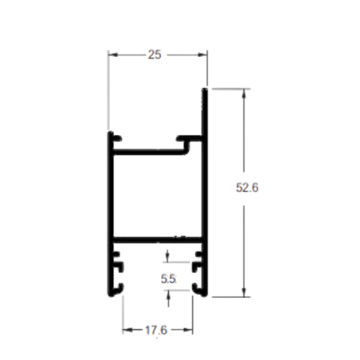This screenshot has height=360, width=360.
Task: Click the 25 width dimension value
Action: point(155,54)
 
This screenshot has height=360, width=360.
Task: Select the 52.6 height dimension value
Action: point(247,188)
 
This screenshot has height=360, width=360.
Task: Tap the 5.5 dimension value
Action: point(168,279)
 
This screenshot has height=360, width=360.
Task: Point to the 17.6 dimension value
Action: point(156,330)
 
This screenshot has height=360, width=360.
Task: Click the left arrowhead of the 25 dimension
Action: point(113,54)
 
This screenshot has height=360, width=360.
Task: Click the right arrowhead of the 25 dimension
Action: point(203,54)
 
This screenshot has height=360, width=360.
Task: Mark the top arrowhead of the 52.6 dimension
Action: point(244,94)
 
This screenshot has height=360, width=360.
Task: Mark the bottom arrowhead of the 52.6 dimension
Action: point(244,292)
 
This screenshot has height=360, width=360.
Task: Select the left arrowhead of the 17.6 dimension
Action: point(128,330)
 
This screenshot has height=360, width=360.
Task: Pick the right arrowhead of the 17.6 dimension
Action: point(188,330)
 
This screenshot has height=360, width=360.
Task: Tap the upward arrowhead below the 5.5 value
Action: point(168,295)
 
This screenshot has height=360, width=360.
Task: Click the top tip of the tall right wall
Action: point(205,89)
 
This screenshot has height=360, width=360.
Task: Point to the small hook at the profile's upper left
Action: point(117,138)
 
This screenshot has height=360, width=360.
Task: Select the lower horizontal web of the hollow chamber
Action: point(157,239)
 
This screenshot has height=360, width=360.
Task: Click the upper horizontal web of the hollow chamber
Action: point(148,152)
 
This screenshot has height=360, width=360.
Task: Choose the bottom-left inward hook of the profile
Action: point(118,288)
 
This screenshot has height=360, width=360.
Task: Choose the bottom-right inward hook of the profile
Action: point(197,288)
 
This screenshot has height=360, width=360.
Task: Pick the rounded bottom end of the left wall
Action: point(111,294)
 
